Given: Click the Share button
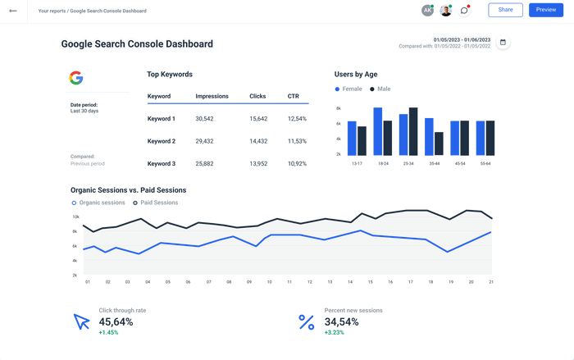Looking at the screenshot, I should (x=505, y=10).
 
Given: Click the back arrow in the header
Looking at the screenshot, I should (x=12, y=11).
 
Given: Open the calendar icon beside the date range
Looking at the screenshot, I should (x=503, y=43).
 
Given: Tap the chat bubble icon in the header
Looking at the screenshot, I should (x=464, y=11).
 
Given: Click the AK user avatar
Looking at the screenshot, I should (x=427, y=11).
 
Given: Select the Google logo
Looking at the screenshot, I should (x=75, y=78).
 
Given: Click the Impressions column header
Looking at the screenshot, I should (x=212, y=97).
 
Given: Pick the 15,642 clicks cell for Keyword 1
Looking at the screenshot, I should (x=258, y=119).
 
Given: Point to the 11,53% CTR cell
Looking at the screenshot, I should (x=297, y=141).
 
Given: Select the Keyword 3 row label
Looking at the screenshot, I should (x=161, y=163).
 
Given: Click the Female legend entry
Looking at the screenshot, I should (x=350, y=89).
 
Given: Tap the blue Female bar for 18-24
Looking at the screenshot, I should (x=377, y=132).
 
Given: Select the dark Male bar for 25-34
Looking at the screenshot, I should (x=413, y=131).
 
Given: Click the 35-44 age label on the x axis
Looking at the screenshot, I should (x=435, y=163).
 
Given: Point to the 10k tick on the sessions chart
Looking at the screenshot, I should (x=75, y=217).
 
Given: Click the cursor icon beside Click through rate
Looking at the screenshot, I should (x=82, y=321).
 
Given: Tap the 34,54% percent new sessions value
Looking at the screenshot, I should (x=343, y=321).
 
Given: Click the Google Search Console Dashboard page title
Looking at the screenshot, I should (x=137, y=44).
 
